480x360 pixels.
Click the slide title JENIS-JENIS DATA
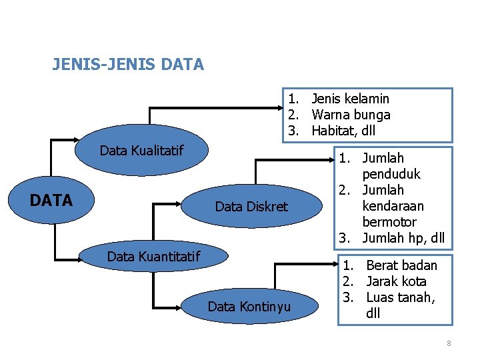coord(128,65)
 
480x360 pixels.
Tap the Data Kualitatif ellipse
coord(141,151)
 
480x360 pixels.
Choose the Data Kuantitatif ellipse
coord(153,255)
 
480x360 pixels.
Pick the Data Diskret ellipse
coord(251,207)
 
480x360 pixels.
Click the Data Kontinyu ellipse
coord(249,307)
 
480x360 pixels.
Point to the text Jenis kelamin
coord(351,99)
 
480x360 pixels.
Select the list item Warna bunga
coord(351,115)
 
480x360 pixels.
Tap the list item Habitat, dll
coord(344,131)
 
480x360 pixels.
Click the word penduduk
coord(391,174)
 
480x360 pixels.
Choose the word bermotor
coord(389,222)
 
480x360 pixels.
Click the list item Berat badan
coord(402,265)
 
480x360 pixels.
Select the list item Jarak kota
coord(397,281)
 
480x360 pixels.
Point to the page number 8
coord(449,343)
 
